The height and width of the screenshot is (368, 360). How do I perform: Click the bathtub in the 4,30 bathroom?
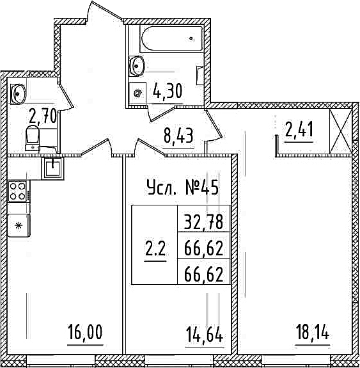(171, 38)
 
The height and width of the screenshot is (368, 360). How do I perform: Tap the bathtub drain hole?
(191, 38)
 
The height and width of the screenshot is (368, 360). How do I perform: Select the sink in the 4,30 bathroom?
(136, 66)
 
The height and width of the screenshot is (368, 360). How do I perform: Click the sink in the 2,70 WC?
(18, 94)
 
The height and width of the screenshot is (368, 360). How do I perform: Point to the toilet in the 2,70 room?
(33, 138)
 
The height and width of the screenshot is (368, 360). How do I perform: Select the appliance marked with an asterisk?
(19, 225)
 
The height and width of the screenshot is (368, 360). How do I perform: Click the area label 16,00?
(85, 332)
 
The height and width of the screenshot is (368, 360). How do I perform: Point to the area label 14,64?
(204, 335)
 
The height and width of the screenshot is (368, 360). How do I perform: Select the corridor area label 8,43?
(178, 136)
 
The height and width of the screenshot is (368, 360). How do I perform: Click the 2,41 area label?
(299, 130)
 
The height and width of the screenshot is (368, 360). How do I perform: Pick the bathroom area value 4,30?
(168, 92)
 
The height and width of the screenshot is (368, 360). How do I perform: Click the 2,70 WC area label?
(42, 116)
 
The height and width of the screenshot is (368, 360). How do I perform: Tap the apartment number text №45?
(202, 187)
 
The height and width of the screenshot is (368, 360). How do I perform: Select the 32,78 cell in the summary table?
(203, 222)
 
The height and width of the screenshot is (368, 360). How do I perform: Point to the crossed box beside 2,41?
(341, 132)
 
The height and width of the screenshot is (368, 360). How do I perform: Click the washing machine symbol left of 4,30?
(137, 93)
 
